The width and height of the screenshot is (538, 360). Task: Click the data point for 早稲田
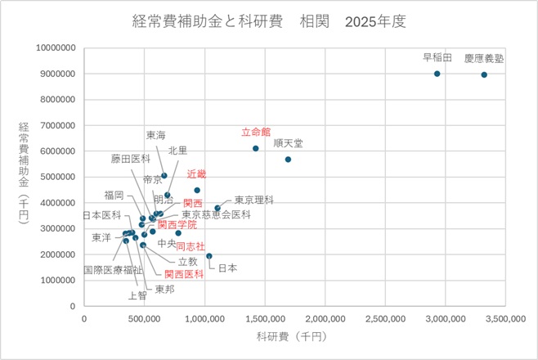click(437, 74)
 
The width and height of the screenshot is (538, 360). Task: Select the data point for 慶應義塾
click(484, 74)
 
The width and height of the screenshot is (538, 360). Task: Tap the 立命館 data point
click(256, 148)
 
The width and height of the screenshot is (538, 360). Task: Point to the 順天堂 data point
click(288, 160)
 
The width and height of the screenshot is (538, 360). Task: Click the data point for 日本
click(209, 256)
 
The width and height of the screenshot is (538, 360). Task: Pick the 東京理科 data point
click(217, 208)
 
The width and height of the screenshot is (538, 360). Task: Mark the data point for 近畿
click(197, 190)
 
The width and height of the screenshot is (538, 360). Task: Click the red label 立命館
click(256, 132)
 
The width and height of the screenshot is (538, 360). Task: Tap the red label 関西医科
click(184, 274)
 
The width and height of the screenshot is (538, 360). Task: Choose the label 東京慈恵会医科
click(216, 214)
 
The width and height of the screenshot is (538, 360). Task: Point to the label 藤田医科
click(131, 159)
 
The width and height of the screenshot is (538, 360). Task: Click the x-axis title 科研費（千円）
click(291, 336)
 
